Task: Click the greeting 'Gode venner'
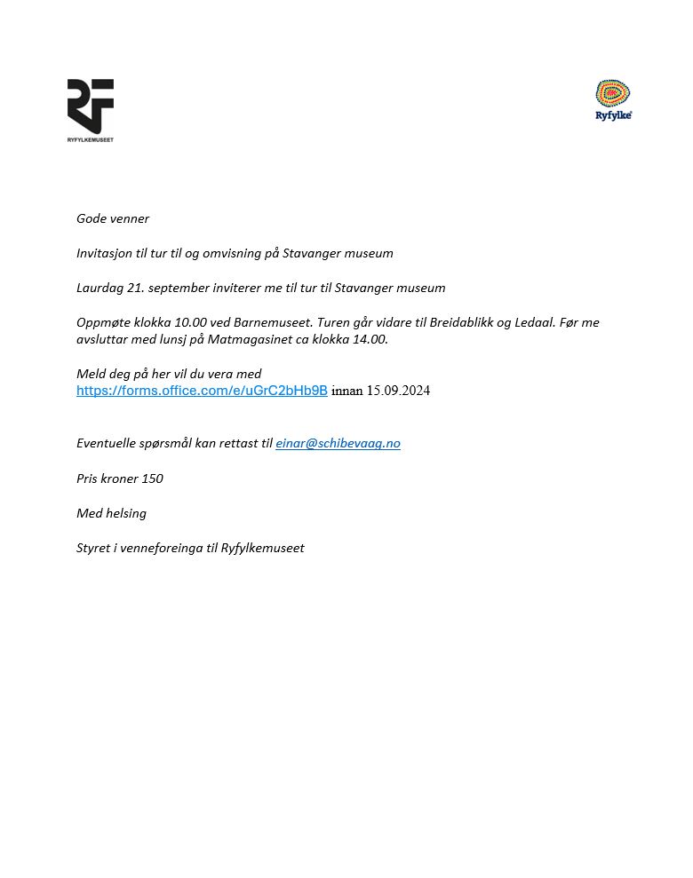(113, 218)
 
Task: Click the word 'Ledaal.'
(535, 322)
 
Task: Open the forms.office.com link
(202, 391)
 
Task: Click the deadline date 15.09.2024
(398, 391)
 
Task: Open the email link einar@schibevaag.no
(338, 443)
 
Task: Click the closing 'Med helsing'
(111, 513)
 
